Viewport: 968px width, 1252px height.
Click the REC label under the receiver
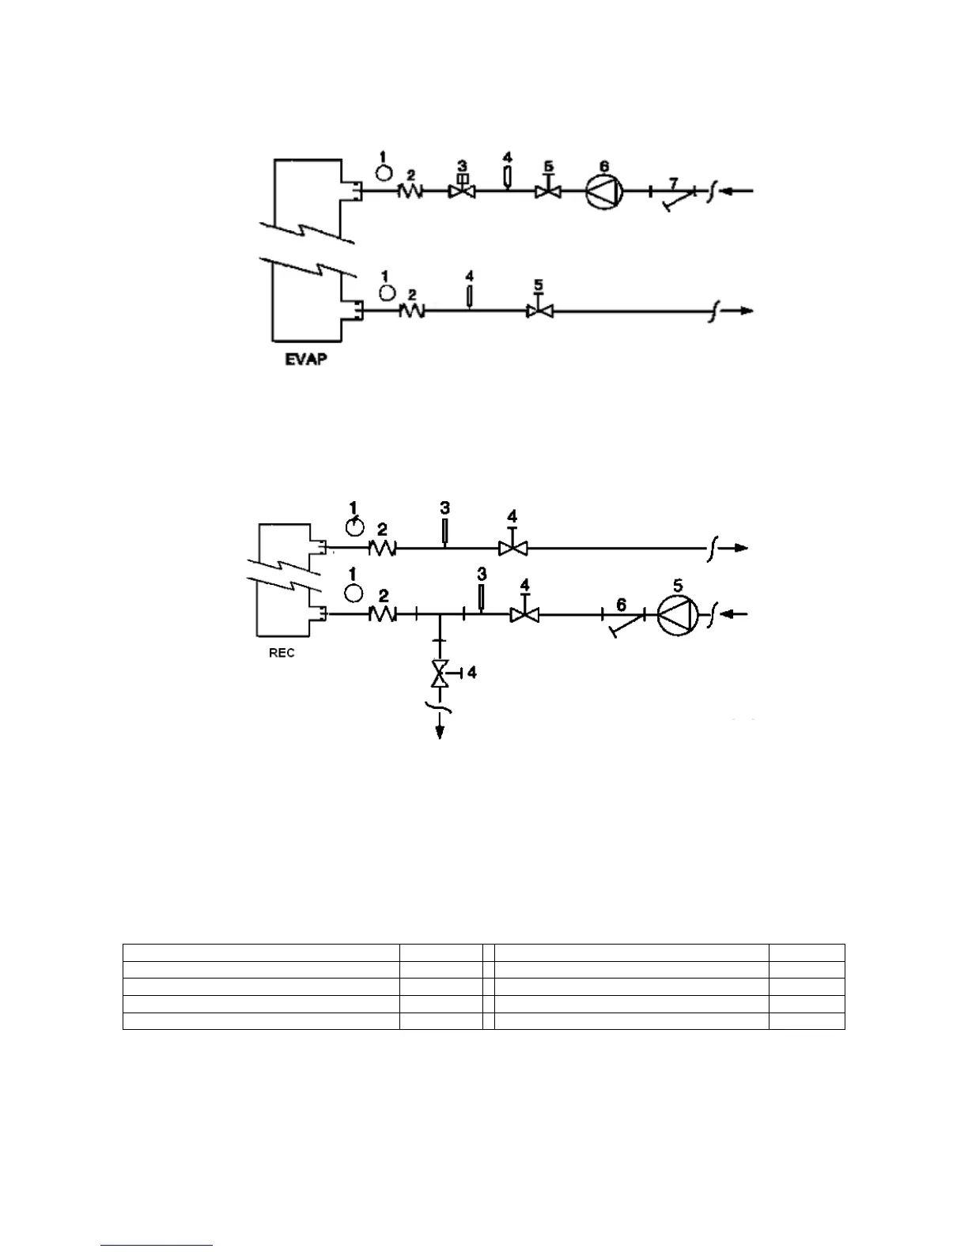click(282, 653)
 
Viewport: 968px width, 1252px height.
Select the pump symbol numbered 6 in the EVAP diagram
click(605, 190)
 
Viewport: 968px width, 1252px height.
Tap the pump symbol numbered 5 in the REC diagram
click(679, 614)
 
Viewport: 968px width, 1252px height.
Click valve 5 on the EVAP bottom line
click(539, 311)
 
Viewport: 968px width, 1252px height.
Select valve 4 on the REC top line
click(512, 547)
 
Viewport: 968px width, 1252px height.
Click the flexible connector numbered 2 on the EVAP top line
click(411, 190)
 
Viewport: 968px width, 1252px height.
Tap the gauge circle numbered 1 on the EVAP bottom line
click(387, 292)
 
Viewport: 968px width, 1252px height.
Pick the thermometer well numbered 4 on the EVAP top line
click(508, 175)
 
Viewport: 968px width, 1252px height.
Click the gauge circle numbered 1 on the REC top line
click(356, 527)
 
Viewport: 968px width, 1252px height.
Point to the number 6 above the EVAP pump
click(603, 166)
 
